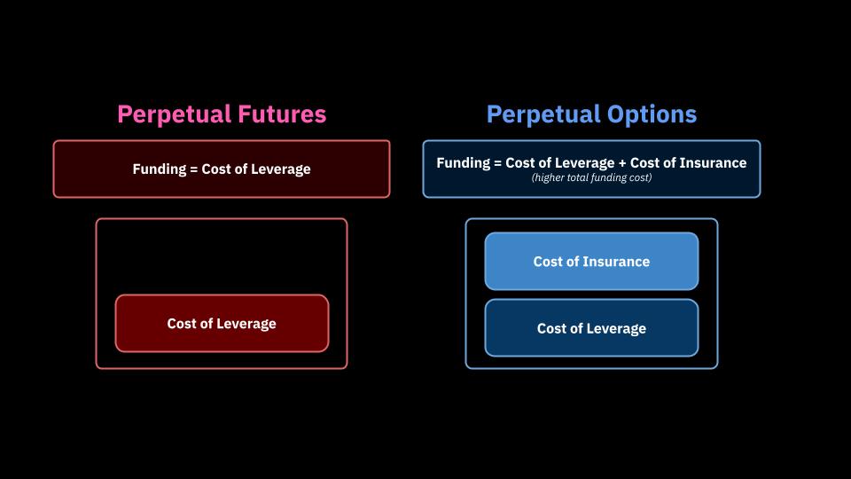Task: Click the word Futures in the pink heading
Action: pyautogui.click(x=282, y=114)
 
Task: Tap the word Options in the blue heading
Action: pyautogui.click(x=652, y=114)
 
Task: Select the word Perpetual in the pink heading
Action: pyautogui.click(x=175, y=115)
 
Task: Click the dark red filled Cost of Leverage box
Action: pyautogui.click(x=222, y=324)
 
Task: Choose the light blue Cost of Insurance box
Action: pyautogui.click(x=591, y=261)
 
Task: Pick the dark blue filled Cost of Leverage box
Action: pyautogui.click(x=591, y=328)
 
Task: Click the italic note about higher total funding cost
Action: pyautogui.click(x=591, y=177)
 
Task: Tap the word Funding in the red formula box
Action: pyautogui.click(x=159, y=169)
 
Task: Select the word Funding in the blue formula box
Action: pyautogui.click(x=463, y=163)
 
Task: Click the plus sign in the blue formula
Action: pyautogui.click(x=622, y=163)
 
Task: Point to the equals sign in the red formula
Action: pyautogui.click(x=194, y=169)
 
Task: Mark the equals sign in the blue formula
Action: pyautogui.click(x=497, y=163)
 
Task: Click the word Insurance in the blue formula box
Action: pyautogui.click(x=713, y=163)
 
